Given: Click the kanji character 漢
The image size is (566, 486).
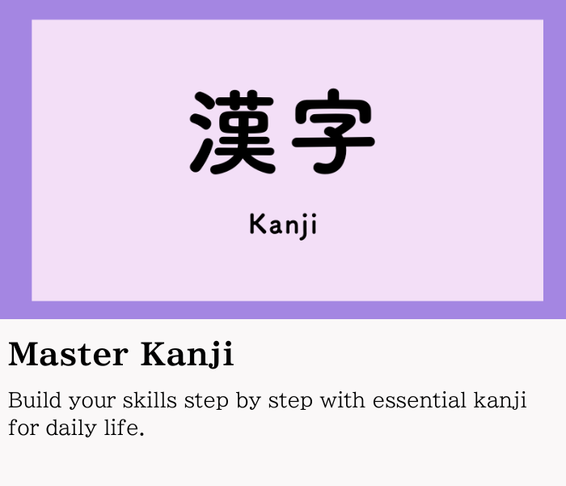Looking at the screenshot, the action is [x=233, y=132].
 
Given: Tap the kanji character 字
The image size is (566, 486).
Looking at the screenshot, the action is [x=333, y=131].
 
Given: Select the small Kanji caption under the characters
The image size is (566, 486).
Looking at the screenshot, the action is [x=283, y=226].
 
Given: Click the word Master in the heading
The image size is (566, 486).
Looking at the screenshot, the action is [x=68, y=354].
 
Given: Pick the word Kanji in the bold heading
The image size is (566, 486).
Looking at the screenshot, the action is [x=187, y=354].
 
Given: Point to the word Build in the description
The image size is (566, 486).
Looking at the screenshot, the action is [x=35, y=400].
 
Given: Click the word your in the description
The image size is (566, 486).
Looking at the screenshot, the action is [x=92, y=403].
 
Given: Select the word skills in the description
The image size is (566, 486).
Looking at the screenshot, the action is [x=150, y=400].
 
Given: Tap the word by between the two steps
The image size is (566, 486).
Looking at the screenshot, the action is [x=248, y=402].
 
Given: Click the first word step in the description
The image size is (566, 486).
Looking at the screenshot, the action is [x=206, y=402].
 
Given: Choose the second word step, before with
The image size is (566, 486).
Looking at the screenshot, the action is [x=290, y=402].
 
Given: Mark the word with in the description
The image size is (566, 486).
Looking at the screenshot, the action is [x=343, y=400].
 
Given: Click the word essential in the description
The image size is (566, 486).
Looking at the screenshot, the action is [x=420, y=400].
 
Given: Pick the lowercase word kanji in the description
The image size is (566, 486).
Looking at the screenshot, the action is [x=500, y=401].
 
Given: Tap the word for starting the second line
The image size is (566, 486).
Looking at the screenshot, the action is [x=23, y=427].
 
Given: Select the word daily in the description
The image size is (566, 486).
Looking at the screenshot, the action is [x=71, y=428].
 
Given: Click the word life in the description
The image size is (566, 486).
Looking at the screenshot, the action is [x=120, y=427].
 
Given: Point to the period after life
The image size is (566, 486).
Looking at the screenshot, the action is [x=141, y=433].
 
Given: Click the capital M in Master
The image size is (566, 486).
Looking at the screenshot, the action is [x=23, y=354].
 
